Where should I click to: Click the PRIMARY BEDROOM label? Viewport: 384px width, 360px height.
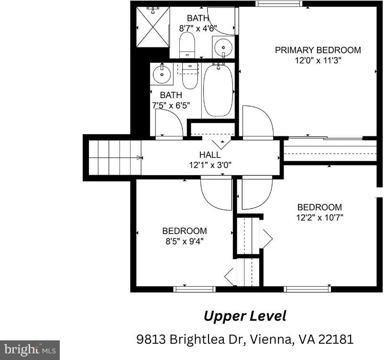318,50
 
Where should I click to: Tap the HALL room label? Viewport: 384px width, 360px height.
210,155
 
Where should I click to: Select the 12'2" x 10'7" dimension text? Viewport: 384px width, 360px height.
320,218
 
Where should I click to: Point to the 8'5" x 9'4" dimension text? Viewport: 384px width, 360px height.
184,241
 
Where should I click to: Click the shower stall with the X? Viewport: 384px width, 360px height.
152,27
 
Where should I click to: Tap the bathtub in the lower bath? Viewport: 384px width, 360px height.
219,90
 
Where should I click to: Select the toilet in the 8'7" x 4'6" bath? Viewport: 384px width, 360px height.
187,45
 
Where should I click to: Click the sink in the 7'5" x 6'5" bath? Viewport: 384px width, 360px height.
162,74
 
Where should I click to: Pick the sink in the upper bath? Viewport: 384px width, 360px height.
222,47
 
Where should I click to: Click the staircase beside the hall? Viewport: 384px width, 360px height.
115,157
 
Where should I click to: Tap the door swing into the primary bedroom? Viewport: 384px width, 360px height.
258,121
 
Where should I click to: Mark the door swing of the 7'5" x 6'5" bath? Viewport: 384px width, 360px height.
169,122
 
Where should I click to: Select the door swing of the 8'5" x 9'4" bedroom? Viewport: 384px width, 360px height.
216,194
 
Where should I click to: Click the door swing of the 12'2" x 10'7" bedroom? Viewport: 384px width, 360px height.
257,194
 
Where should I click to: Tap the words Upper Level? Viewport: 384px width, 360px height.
245,316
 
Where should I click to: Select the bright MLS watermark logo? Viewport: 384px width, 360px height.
30,350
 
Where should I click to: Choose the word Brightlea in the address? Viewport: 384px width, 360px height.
198,340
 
